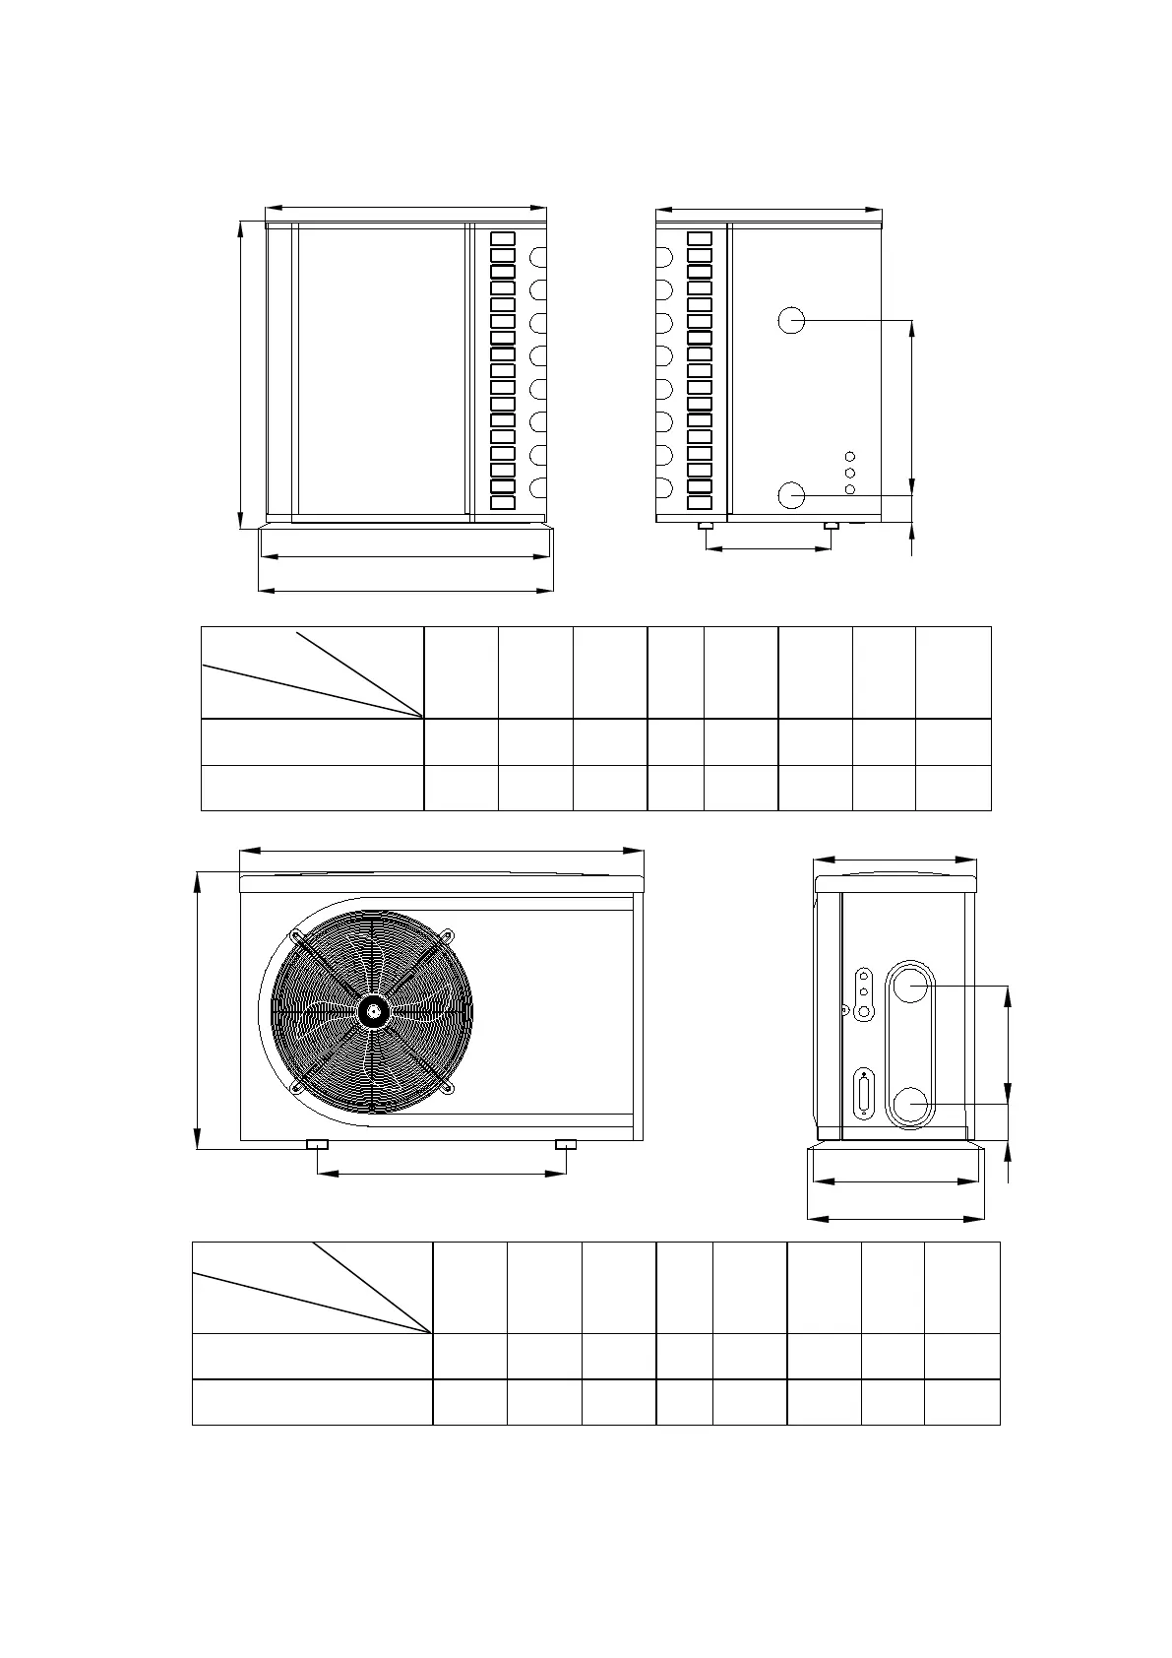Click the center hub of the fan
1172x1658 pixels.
click(372, 1010)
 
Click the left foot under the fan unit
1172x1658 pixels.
click(317, 1145)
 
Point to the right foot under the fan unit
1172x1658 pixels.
click(566, 1145)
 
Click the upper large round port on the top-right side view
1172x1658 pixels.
click(791, 320)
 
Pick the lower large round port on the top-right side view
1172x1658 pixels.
click(791, 495)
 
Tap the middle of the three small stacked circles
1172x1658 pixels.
click(850, 474)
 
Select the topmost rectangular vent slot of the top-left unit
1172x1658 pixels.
click(503, 238)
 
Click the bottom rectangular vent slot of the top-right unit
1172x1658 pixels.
click(700, 503)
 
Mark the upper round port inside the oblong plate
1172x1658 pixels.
click(911, 986)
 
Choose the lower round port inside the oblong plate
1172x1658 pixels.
click(911, 1104)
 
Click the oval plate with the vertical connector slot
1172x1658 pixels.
click(865, 1095)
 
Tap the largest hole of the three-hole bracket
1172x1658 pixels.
click(864, 1011)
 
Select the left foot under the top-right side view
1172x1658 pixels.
click(706, 526)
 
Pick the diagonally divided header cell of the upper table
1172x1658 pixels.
click(312, 672)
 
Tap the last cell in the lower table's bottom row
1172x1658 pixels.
click(961, 1402)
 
